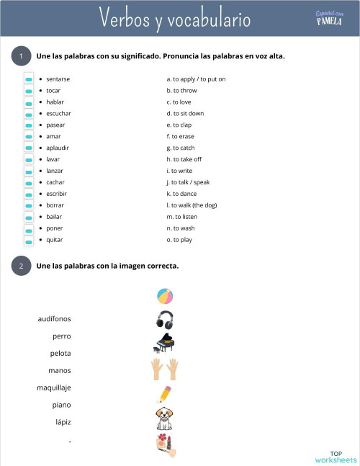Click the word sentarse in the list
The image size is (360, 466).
coord(58,79)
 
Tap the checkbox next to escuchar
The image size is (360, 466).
coord(29,114)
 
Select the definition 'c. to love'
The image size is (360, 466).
coord(179,102)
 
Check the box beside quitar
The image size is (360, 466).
coord(29,240)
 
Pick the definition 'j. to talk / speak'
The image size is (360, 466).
coord(188,182)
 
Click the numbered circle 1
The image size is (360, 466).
coord(22,56)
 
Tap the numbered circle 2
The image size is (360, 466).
coord(22,266)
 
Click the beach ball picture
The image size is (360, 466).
coord(165,296)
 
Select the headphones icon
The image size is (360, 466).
coord(165,320)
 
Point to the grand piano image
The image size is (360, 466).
coord(165,344)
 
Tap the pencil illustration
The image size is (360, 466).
coord(165,393)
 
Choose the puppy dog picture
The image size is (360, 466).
coord(165,418)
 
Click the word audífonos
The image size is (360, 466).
coord(54,318)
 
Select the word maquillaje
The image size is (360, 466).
coord(54,387)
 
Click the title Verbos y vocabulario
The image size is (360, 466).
coord(175,18)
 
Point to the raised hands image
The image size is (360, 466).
coord(165,369)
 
